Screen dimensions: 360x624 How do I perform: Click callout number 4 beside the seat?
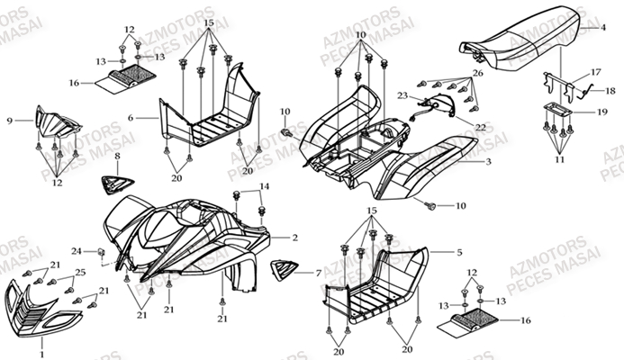604,29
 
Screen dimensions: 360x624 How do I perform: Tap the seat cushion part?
523,40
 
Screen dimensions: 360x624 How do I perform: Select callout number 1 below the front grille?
41,355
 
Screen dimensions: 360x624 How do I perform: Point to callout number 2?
294,238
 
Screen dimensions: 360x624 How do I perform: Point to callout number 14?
265,185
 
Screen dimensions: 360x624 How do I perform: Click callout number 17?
595,71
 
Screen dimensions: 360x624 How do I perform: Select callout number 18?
610,90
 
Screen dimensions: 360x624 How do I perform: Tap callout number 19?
602,112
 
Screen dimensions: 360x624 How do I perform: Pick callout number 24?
77,250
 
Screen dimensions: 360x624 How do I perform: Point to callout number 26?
478,73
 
